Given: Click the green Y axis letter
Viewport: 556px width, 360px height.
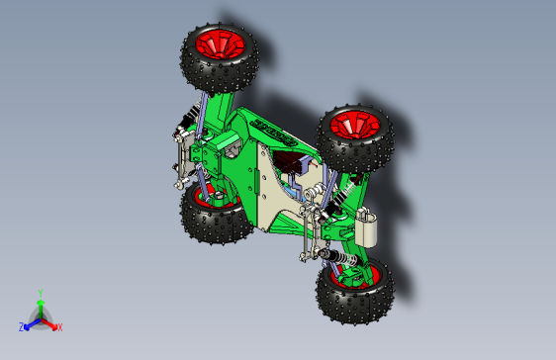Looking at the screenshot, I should (x=40, y=293).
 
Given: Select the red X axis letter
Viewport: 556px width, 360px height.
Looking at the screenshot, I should (x=59, y=326).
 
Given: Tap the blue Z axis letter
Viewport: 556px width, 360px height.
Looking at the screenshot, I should (x=21, y=326).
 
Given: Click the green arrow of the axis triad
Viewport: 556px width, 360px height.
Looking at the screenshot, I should (x=40, y=306).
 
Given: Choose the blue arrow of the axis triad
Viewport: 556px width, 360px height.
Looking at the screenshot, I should (x=31, y=321).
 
